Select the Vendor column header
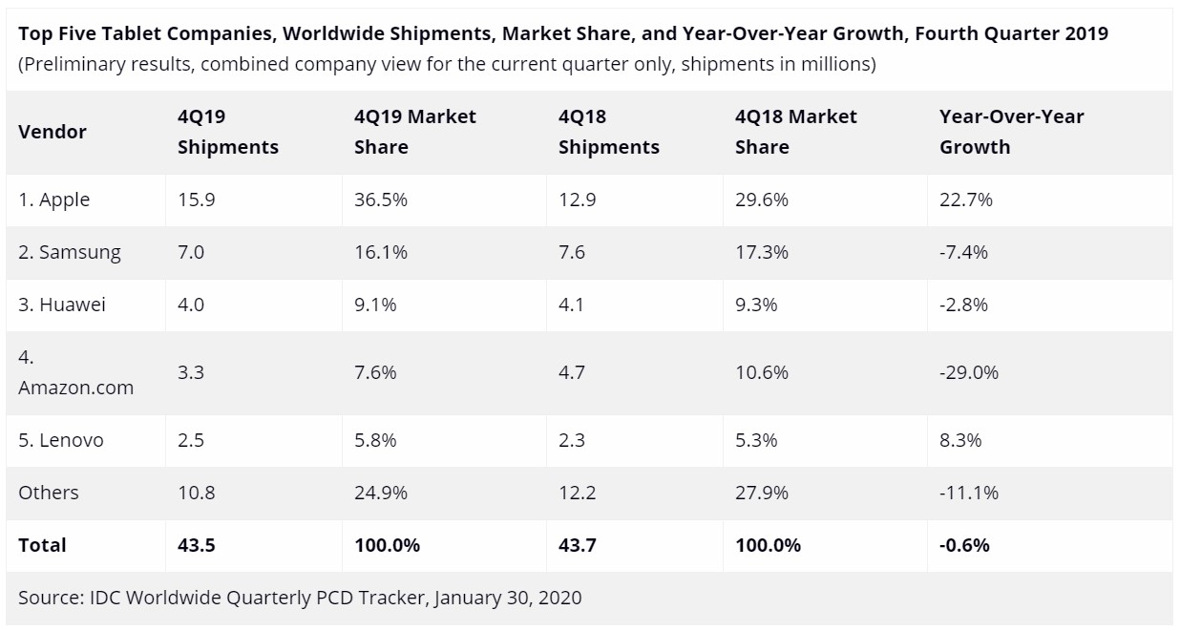pos(53,132)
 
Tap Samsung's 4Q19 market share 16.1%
pos(381,252)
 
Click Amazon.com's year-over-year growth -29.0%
pos(969,372)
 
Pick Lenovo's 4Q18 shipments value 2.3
pos(572,440)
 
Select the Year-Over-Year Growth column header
pos(1011,132)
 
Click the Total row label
pos(42,545)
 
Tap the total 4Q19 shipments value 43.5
pos(196,545)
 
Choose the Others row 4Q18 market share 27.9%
pos(762,493)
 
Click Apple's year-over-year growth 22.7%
pos(966,200)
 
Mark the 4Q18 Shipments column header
pos(608,132)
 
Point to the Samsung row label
pos(70,252)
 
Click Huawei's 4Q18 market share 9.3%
pos(756,305)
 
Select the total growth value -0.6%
pos(964,545)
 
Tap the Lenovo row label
pos(61,440)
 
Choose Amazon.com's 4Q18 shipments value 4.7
pos(572,372)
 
